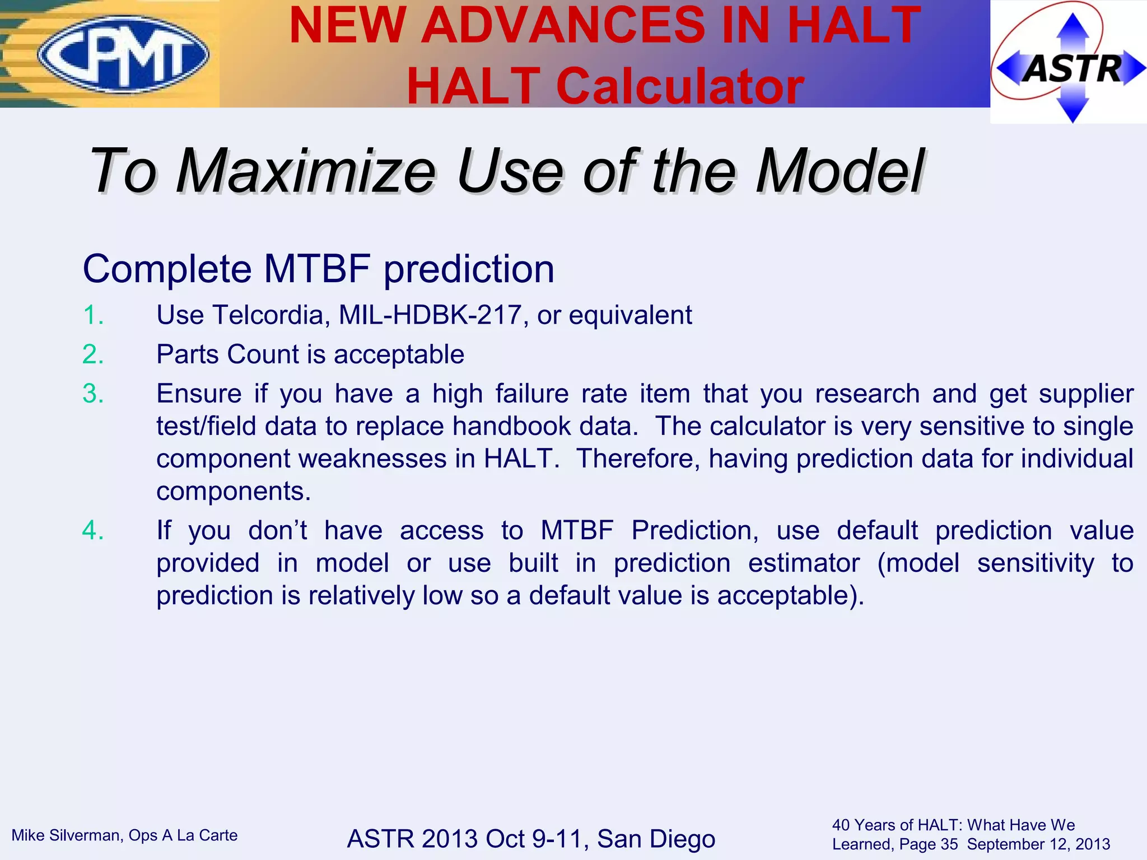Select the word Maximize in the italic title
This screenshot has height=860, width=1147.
(x=306, y=171)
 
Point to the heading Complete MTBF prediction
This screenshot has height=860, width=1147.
(x=318, y=269)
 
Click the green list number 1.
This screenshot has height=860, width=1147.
(x=92, y=315)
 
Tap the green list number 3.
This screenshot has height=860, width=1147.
(x=93, y=394)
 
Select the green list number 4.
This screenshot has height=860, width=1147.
(x=93, y=530)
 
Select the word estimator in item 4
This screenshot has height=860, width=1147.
(x=803, y=563)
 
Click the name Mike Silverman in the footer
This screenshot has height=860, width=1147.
(x=66, y=835)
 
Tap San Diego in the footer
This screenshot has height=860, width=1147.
(x=656, y=839)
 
